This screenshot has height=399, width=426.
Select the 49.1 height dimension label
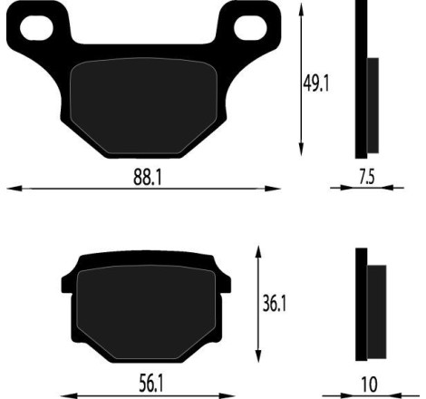click(316, 83)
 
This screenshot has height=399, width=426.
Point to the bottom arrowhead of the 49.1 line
click(299, 152)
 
